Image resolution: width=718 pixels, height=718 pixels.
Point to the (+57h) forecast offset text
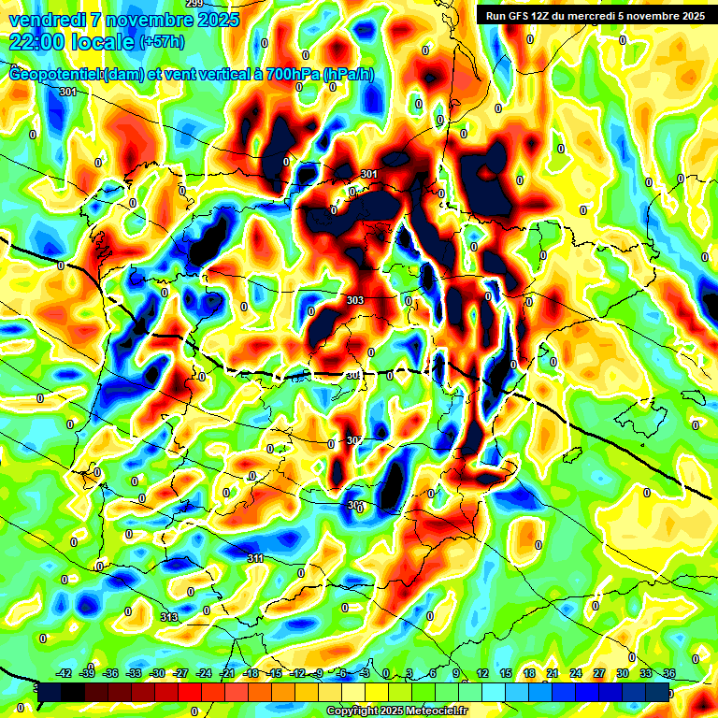point(161,42)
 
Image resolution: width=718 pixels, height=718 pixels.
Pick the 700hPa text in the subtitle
point(291,74)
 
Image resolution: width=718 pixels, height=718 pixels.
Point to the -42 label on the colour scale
point(65,673)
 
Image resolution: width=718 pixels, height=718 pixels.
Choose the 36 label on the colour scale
point(669,673)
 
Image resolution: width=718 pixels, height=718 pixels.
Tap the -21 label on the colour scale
point(227,673)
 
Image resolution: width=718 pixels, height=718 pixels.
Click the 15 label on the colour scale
point(506,673)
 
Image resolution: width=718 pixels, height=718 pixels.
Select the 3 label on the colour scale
point(409,673)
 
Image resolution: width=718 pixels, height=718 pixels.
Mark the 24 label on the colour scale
point(576,673)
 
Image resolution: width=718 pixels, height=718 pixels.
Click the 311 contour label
point(255,558)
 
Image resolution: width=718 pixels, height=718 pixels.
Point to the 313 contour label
point(168,617)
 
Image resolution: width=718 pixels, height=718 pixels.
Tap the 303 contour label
point(354,300)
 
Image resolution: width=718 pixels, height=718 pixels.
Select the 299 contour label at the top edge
point(194,4)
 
